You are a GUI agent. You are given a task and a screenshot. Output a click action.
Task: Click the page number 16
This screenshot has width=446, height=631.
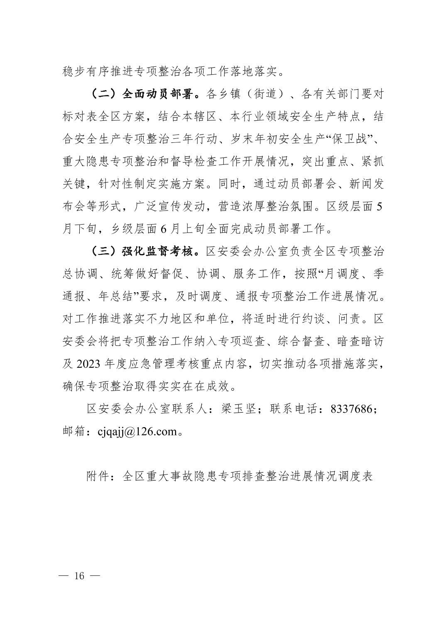point(79,576)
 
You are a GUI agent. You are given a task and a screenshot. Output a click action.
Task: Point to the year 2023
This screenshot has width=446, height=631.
point(88,364)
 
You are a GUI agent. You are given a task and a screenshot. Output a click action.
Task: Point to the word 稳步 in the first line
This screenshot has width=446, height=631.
point(74,71)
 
